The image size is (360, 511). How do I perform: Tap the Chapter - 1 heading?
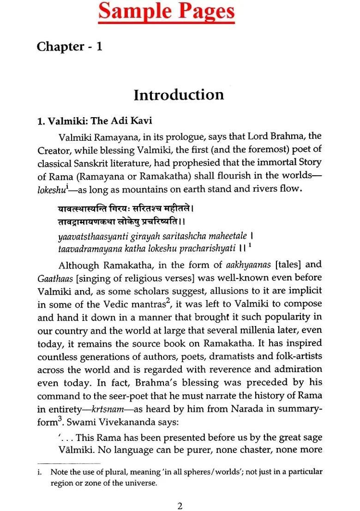coord(70,47)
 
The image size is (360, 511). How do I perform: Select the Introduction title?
coord(179,95)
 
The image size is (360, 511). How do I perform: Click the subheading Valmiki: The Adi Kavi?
coord(95,121)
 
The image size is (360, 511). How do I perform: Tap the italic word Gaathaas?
coord(54,278)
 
